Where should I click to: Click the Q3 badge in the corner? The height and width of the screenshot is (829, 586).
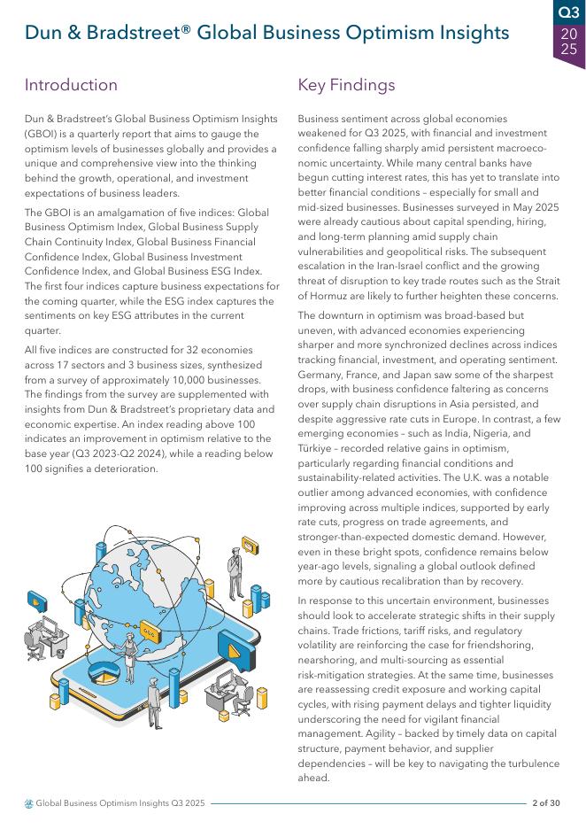[x=568, y=12]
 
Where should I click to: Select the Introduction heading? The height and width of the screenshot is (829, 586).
[x=71, y=85]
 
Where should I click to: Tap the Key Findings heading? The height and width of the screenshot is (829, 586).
[x=346, y=85]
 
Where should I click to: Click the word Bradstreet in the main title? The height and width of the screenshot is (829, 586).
[x=132, y=33]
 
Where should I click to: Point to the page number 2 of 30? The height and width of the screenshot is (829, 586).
[x=545, y=803]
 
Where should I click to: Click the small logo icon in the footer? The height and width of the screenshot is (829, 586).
[x=29, y=803]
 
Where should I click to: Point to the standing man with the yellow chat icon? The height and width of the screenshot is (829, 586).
[x=235, y=567]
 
